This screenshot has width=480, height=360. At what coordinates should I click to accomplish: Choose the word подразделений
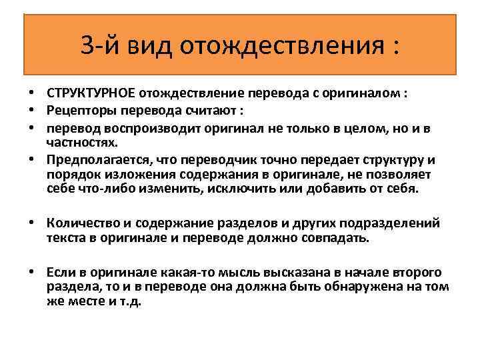click(x=395, y=223)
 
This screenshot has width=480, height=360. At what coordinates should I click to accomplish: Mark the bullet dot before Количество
click(x=32, y=223)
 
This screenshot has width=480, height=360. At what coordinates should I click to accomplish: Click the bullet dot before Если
click(x=32, y=273)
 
